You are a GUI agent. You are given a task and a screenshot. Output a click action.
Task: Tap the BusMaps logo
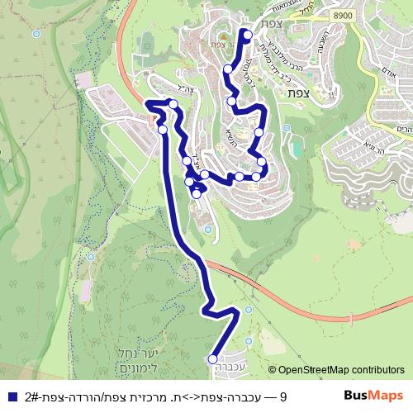(x=373, y=396)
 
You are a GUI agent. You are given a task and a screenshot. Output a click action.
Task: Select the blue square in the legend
(x=12, y=397)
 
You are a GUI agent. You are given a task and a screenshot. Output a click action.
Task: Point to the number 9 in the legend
(x=282, y=397)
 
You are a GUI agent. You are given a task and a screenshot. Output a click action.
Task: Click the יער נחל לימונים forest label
(x=126, y=359)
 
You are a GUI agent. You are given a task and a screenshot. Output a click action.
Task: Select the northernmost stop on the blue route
(x=245, y=33)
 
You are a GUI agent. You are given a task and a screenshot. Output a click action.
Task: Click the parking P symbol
(x=152, y=118)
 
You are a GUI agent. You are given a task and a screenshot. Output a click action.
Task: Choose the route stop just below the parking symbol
(x=163, y=130)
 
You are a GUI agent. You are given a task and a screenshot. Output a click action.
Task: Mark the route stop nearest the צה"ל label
(x=173, y=102)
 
